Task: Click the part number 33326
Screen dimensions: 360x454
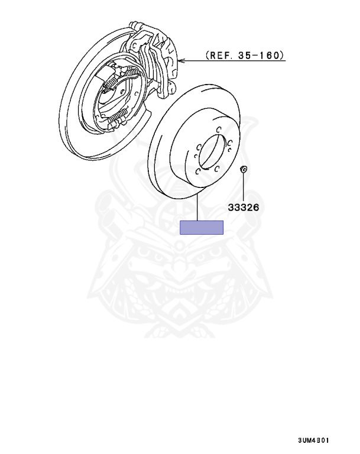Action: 244,207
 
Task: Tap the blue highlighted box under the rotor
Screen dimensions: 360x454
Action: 202,227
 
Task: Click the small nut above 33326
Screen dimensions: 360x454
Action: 244,169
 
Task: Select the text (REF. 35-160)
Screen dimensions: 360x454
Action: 245,55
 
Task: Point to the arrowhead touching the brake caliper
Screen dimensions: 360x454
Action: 181,61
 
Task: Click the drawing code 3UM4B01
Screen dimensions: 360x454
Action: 313,440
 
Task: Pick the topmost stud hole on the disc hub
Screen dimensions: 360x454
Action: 219,129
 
